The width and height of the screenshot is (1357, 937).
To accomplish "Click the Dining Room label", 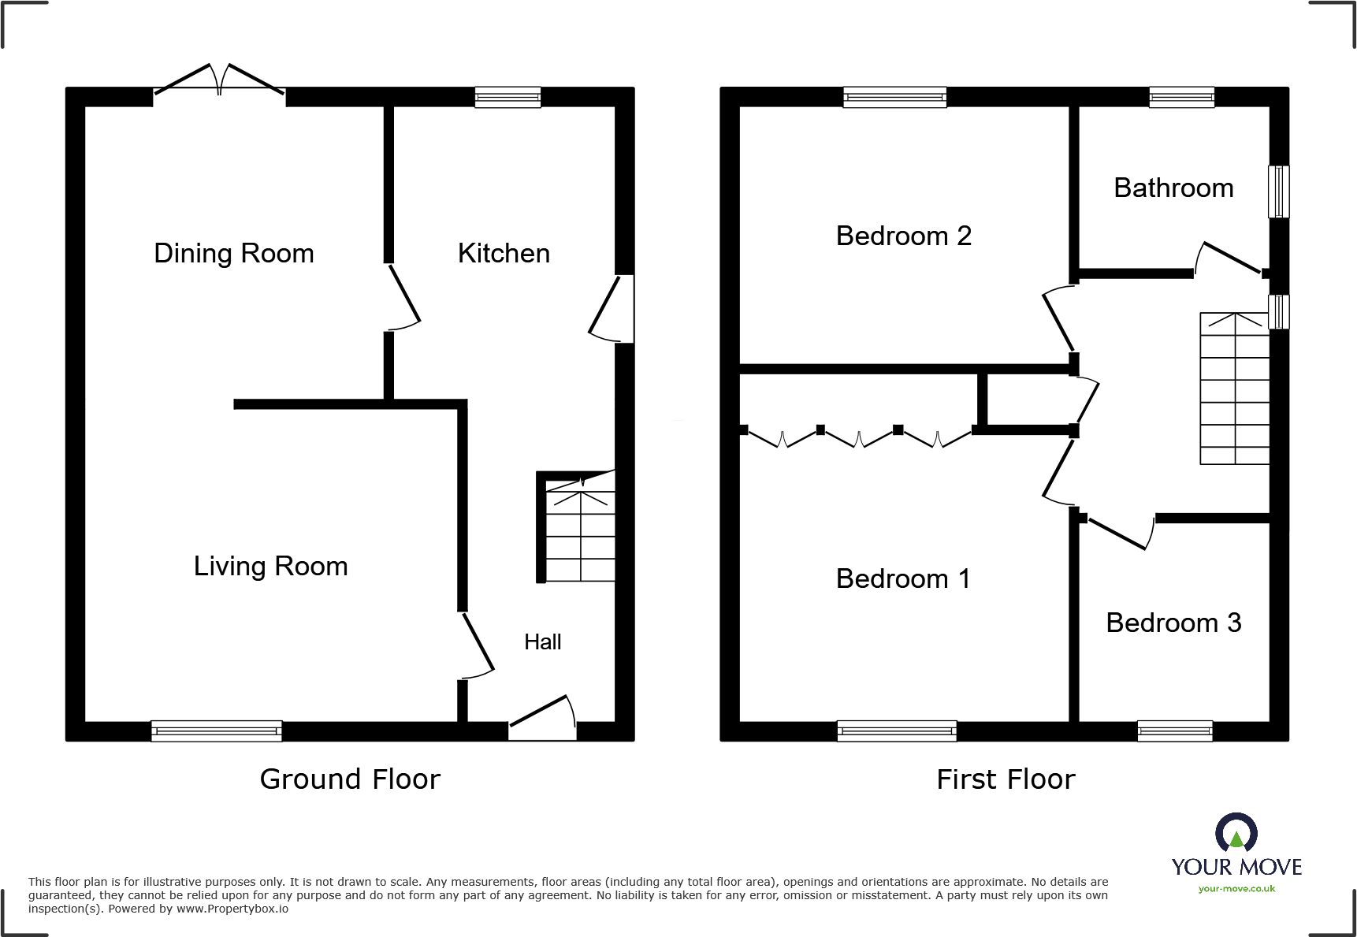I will tap(234, 253).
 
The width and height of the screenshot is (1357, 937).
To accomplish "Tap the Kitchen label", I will tap(504, 253).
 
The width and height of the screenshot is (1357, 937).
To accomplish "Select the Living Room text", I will tap(270, 566).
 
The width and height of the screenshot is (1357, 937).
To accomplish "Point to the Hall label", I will tap(542, 641).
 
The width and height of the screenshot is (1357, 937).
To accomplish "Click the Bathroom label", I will tap(1173, 188).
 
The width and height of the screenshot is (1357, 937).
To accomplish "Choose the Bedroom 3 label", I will tap(1173, 623).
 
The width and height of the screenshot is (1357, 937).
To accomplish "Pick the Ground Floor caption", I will tap(350, 779).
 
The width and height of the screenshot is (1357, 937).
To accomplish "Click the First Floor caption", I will tap(1006, 779).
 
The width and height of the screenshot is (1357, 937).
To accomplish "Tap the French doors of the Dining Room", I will tap(219, 84).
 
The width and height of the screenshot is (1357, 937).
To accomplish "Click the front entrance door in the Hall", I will tap(542, 719).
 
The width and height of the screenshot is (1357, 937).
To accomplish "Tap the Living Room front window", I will tap(217, 731).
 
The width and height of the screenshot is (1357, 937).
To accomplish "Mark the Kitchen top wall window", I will tap(507, 97).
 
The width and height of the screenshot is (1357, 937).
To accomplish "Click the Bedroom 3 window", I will tap(1174, 731).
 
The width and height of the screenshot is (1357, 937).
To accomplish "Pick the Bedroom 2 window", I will tap(894, 97).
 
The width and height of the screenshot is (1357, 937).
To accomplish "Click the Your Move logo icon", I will tap(1236, 832).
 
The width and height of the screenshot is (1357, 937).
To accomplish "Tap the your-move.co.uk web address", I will tap(1236, 889).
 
